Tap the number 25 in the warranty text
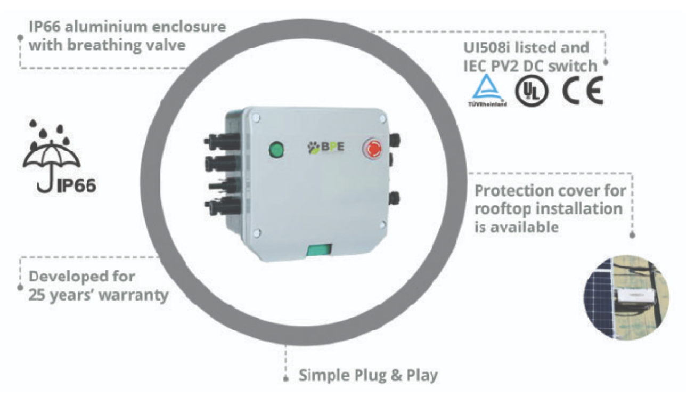[x=38, y=295]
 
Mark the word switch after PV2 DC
[x=577, y=66]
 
